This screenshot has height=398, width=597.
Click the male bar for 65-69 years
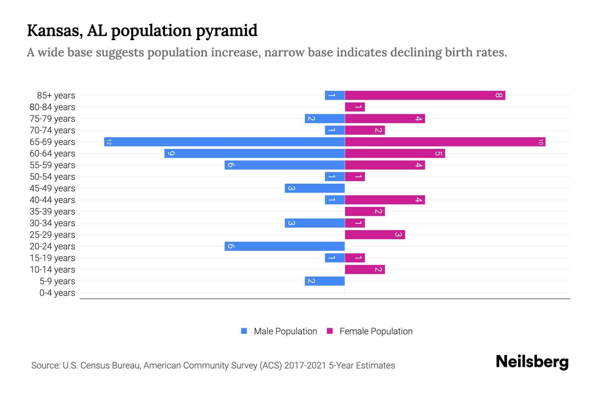pyautogui.click(x=224, y=142)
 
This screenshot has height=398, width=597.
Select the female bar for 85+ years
pyautogui.click(x=425, y=96)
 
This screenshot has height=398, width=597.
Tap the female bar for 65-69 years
pyautogui.click(x=445, y=142)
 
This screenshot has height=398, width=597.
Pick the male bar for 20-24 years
pyautogui.click(x=285, y=246)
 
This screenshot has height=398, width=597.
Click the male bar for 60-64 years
pyautogui.click(x=254, y=154)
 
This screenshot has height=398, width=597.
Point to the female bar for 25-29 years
pyautogui.click(x=375, y=235)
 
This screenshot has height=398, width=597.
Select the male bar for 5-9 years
pyautogui.click(x=325, y=281)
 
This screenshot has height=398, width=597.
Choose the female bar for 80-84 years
pyautogui.click(x=355, y=107)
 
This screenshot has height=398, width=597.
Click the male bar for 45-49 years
pyautogui.click(x=314, y=188)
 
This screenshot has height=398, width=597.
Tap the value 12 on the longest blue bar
pyautogui.click(x=109, y=142)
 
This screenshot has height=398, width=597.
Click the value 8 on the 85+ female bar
pyautogui.click(x=498, y=96)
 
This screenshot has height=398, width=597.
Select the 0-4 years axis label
pyautogui.click(x=57, y=293)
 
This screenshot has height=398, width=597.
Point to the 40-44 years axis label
pyautogui.click(x=52, y=200)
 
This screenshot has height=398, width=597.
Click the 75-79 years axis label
pyautogui.click(x=52, y=119)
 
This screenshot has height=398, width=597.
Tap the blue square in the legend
pyautogui.click(x=244, y=331)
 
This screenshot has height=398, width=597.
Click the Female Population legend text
pyautogui.click(x=376, y=331)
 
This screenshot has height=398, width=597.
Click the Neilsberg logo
pyautogui.click(x=532, y=362)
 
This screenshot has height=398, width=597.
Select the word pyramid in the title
pyautogui.click(x=226, y=31)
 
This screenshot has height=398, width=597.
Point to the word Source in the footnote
pyautogui.click(x=45, y=365)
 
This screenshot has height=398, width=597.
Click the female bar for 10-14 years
pyautogui.click(x=365, y=270)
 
